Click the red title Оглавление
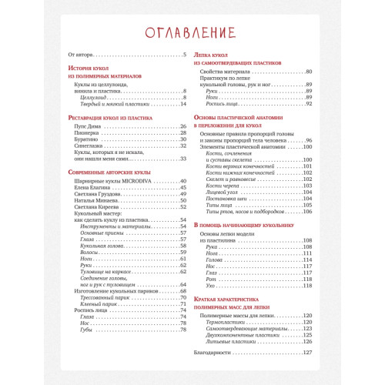(192, 33)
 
